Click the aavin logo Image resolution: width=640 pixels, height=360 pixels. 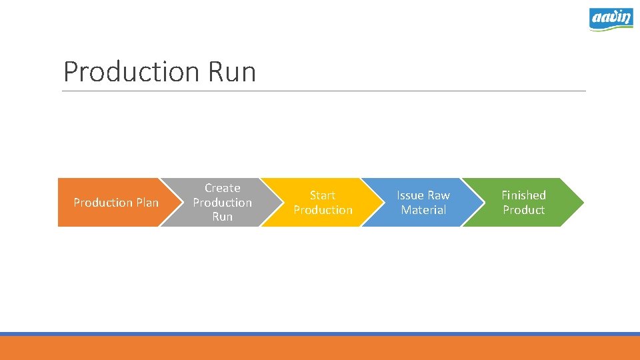coord(611,19)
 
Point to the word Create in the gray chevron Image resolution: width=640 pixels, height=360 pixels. coord(222,188)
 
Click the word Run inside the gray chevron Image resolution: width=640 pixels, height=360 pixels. coord(222,217)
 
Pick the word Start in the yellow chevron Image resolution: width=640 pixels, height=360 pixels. coord(323,195)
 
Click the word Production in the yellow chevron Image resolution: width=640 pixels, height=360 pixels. coord(323,210)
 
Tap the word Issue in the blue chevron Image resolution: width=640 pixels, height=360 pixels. coord(410,195)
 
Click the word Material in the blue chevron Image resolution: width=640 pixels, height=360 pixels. coord(423,210)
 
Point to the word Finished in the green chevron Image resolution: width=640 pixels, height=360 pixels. coord(523,195)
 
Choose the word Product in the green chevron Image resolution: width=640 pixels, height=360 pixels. coord(523,210)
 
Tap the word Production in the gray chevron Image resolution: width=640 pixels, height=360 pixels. coord(222,202)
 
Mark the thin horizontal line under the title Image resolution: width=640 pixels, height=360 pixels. coord(324,91)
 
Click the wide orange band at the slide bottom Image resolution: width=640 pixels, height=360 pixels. coord(320,348)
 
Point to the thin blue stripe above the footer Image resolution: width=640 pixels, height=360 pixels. coord(320,333)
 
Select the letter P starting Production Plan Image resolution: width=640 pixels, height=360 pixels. coord(77,202)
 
